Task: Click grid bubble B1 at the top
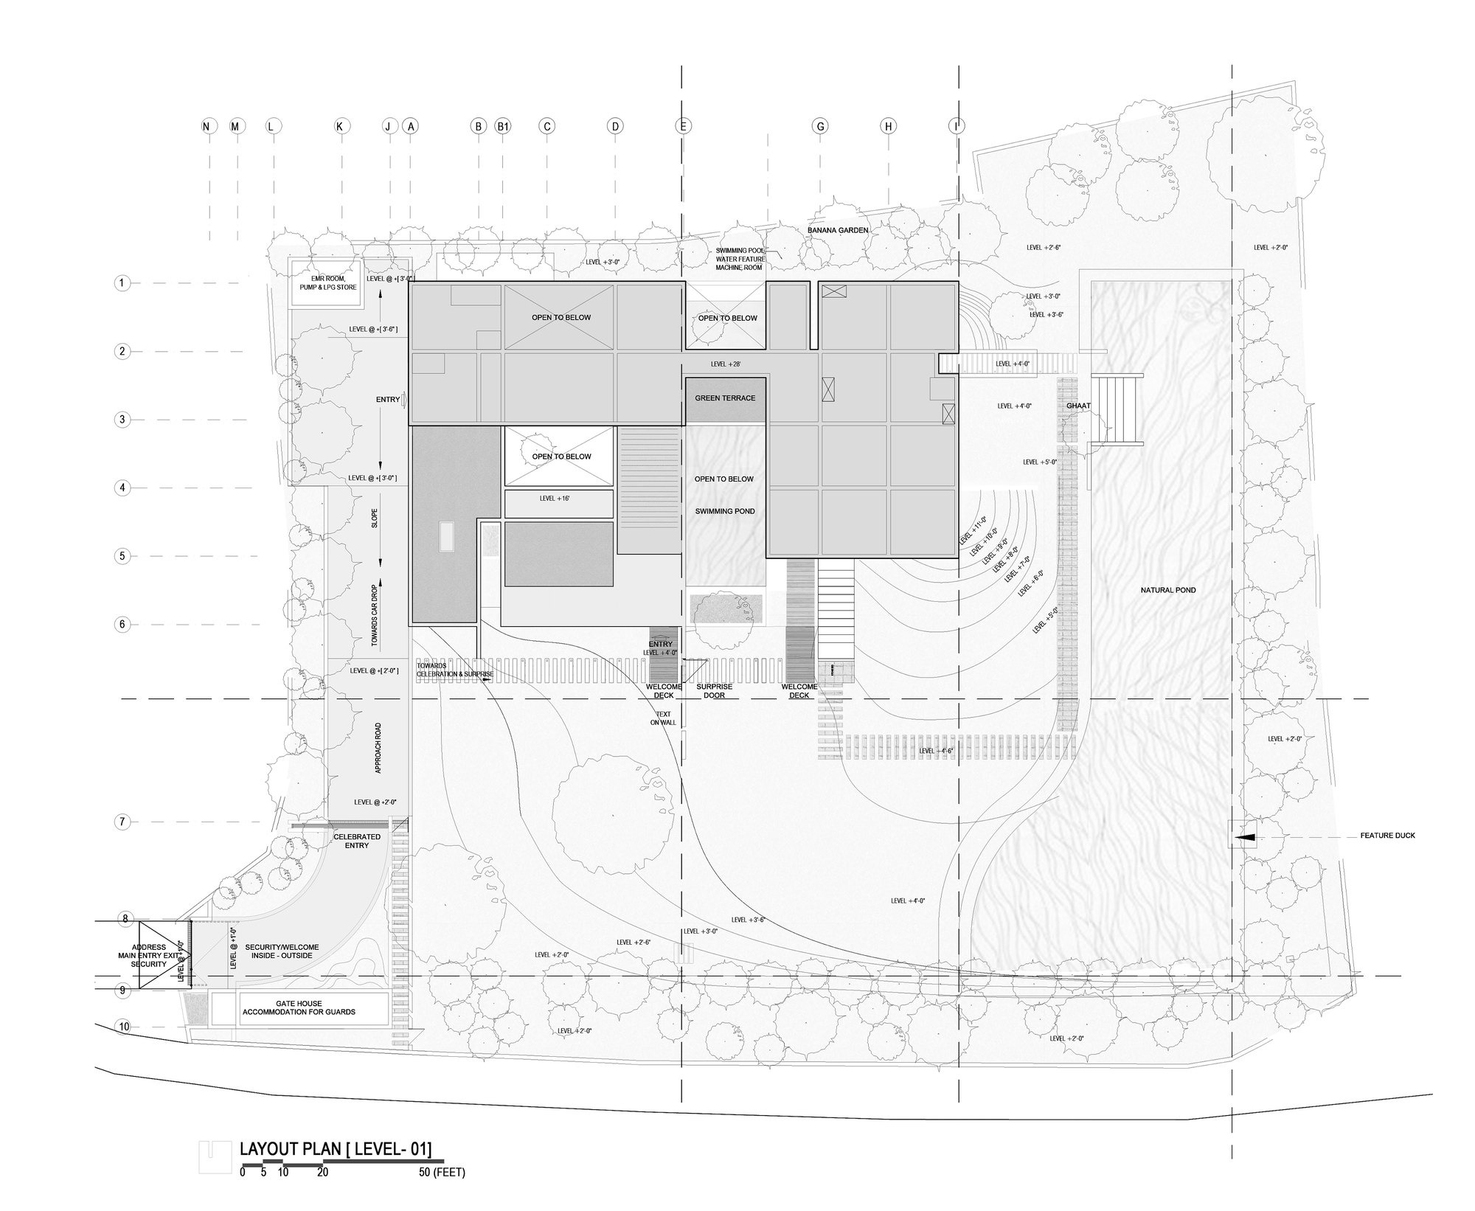point(503,127)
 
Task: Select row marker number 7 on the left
point(123,822)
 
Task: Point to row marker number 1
point(123,283)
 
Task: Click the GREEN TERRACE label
point(725,398)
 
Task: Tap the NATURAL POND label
point(1168,590)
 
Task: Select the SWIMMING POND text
point(724,511)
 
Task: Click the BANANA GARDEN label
point(838,230)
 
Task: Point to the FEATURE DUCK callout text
point(1387,836)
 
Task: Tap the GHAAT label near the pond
point(1078,406)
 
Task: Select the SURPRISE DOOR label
point(714,691)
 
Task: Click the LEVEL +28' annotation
point(725,364)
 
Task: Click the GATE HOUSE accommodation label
point(299,1007)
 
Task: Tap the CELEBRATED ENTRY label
point(357,841)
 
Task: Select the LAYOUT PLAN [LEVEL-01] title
point(336,1149)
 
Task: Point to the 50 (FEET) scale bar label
point(442,1173)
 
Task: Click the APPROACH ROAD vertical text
point(378,748)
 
